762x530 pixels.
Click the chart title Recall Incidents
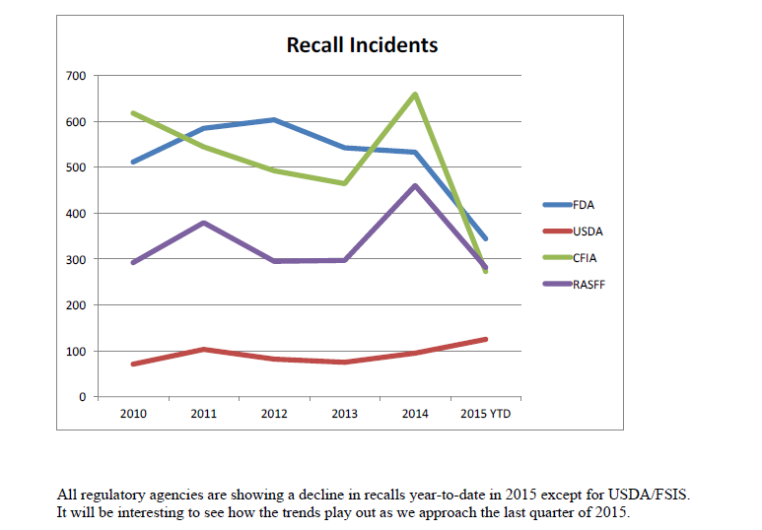[362, 45]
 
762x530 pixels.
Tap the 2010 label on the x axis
[133, 414]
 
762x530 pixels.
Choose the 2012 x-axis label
[274, 414]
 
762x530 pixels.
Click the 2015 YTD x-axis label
[486, 414]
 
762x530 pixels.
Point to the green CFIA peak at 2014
[415, 94]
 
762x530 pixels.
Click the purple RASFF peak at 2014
[415, 185]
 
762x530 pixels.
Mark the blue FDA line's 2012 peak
[274, 119]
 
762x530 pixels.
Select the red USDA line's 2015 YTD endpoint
[486, 339]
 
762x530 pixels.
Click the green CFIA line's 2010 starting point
[133, 112]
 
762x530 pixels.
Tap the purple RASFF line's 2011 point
[203, 223]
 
